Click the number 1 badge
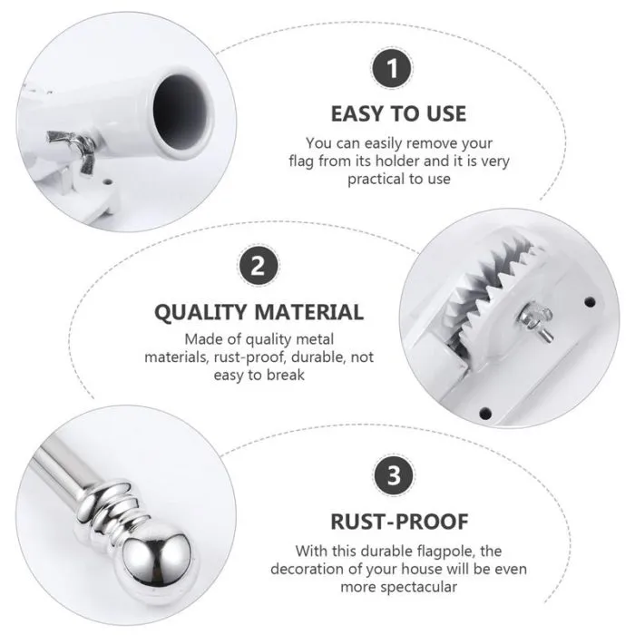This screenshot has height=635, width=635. click(392, 68)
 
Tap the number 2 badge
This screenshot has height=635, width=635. click(259, 266)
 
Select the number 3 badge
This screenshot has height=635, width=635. click(393, 475)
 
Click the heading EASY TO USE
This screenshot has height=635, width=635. click(398, 113)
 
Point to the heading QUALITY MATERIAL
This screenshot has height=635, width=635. click(259, 312)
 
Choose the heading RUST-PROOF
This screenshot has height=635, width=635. click(399, 522)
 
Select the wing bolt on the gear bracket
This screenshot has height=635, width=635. click(535, 321)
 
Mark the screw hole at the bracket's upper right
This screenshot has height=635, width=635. click(590, 302)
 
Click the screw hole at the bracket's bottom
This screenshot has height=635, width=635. click(485, 414)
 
